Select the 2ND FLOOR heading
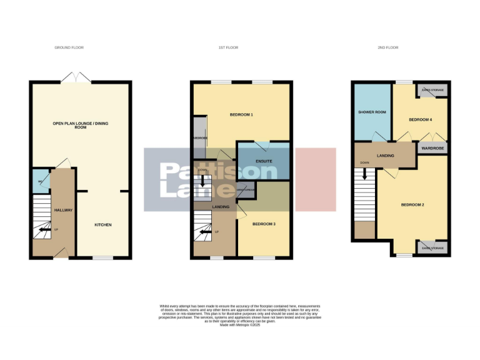(x=388, y=47)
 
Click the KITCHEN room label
(x=103, y=224)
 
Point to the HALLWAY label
(x=63, y=210)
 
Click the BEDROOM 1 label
(x=241, y=115)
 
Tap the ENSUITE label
(x=264, y=161)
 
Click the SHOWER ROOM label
(x=372, y=112)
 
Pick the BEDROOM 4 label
(x=421, y=119)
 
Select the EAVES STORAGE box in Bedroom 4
(x=432, y=91)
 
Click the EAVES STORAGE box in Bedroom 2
(x=432, y=248)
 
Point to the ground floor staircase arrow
(x=44, y=230)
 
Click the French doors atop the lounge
(x=76, y=79)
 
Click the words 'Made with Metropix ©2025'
(x=241, y=325)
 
